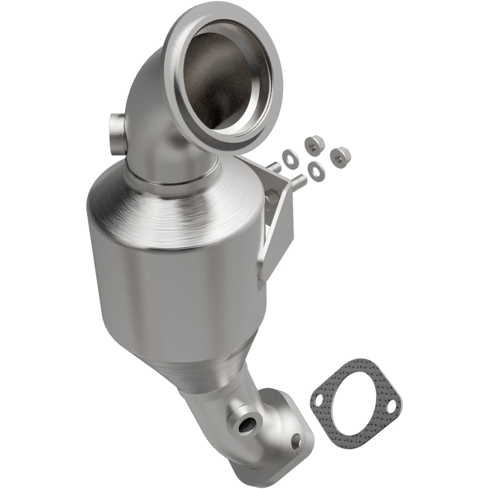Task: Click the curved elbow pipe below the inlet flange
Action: [152, 135]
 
